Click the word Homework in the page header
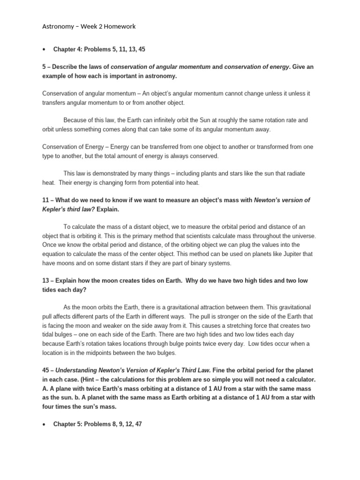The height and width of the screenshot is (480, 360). coord(120,27)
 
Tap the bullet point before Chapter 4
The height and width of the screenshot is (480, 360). coord(43,49)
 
